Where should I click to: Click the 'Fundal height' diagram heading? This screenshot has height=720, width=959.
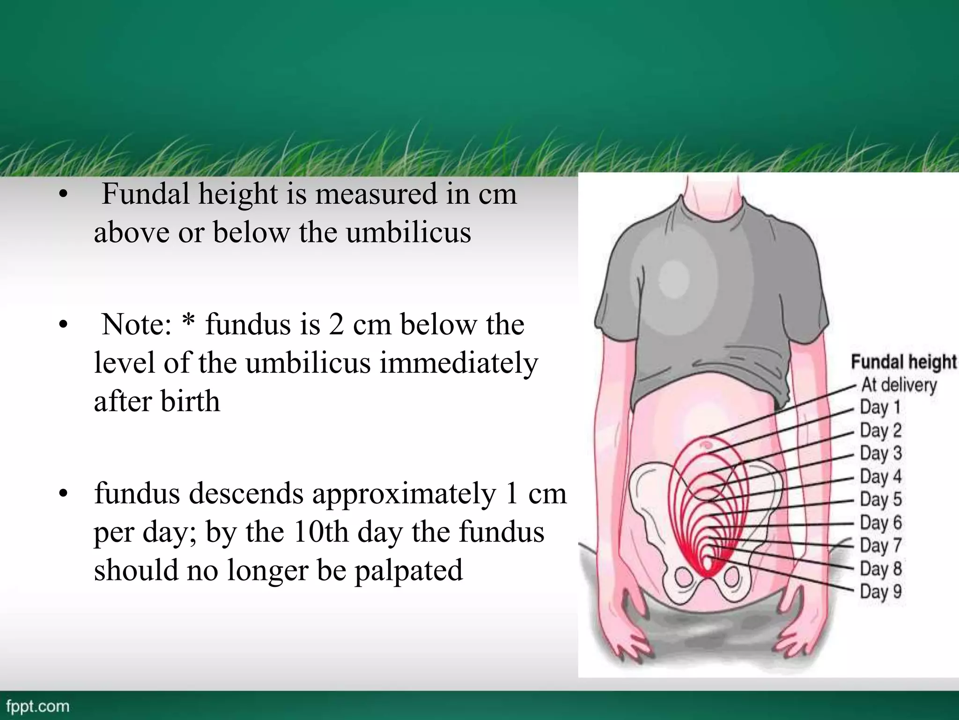click(x=904, y=362)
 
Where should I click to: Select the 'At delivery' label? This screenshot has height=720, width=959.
click(x=899, y=385)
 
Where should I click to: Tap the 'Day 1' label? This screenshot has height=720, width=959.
click(x=880, y=407)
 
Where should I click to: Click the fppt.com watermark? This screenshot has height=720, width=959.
click(x=38, y=706)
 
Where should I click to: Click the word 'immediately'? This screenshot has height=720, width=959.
click(x=458, y=363)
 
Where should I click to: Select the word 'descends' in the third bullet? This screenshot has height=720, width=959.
click(x=199, y=494)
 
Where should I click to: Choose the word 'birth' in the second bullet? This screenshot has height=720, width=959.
click(x=190, y=401)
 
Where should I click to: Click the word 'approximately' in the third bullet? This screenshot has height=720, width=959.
click(x=404, y=495)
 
